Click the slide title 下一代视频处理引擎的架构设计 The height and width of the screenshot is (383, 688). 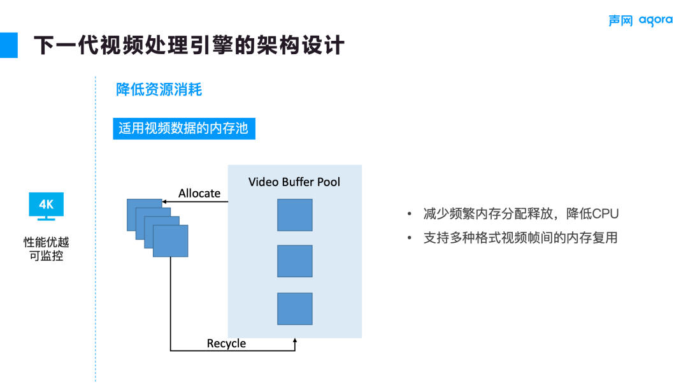(x=189, y=45)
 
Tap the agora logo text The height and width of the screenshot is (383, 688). (x=656, y=20)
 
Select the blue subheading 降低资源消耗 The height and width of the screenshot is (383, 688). (x=159, y=90)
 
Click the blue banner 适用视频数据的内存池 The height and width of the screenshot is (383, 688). (x=183, y=129)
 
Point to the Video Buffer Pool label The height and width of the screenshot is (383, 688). (x=294, y=182)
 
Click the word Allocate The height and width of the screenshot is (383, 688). (x=199, y=193)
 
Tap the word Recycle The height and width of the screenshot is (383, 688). (x=226, y=343)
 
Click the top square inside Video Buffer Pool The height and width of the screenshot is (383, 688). (x=294, y=215)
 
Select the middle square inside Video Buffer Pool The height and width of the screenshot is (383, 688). (x=294, y=261)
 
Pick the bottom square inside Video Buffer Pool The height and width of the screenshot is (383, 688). (x=294, y=308)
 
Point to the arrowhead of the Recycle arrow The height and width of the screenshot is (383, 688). (x=294, y=342)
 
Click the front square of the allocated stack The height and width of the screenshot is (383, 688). (x=170, y=241)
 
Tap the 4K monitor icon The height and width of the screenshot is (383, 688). (x=46, y=206)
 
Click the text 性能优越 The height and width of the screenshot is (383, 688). (x=46, y=243)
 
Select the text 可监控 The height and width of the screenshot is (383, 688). (x=46, y=257)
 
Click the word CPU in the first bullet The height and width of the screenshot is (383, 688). (x=605, y=214)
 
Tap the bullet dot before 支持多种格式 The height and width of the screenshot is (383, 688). (x=410, y=238)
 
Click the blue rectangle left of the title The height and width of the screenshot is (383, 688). (x=8, y=45)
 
